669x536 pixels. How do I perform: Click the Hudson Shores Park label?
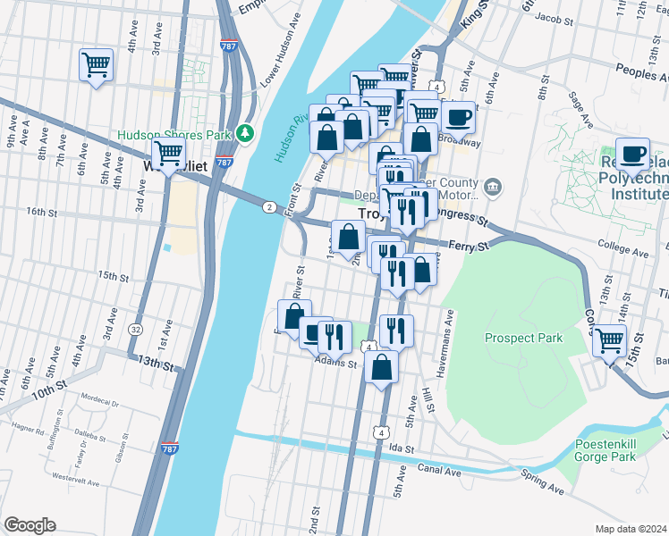(x=174, y=135)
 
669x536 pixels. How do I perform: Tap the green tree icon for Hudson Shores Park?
(x=246, y=134)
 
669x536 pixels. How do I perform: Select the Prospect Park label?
(x=523, y=338)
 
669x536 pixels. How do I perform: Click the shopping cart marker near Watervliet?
(x=167, y=154)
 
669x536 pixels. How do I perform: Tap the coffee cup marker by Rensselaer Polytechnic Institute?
(x=633, y=154)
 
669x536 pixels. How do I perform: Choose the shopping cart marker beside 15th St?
(x=609, y=340)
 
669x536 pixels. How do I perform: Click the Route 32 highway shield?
(x=135, y=330)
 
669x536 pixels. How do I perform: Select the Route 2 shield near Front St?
(x=269, y=207)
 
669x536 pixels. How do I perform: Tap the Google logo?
(x=30, y=524)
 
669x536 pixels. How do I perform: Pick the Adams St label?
(x=335, y=364)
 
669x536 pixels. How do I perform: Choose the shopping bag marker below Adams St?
(x=382, y=367)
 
